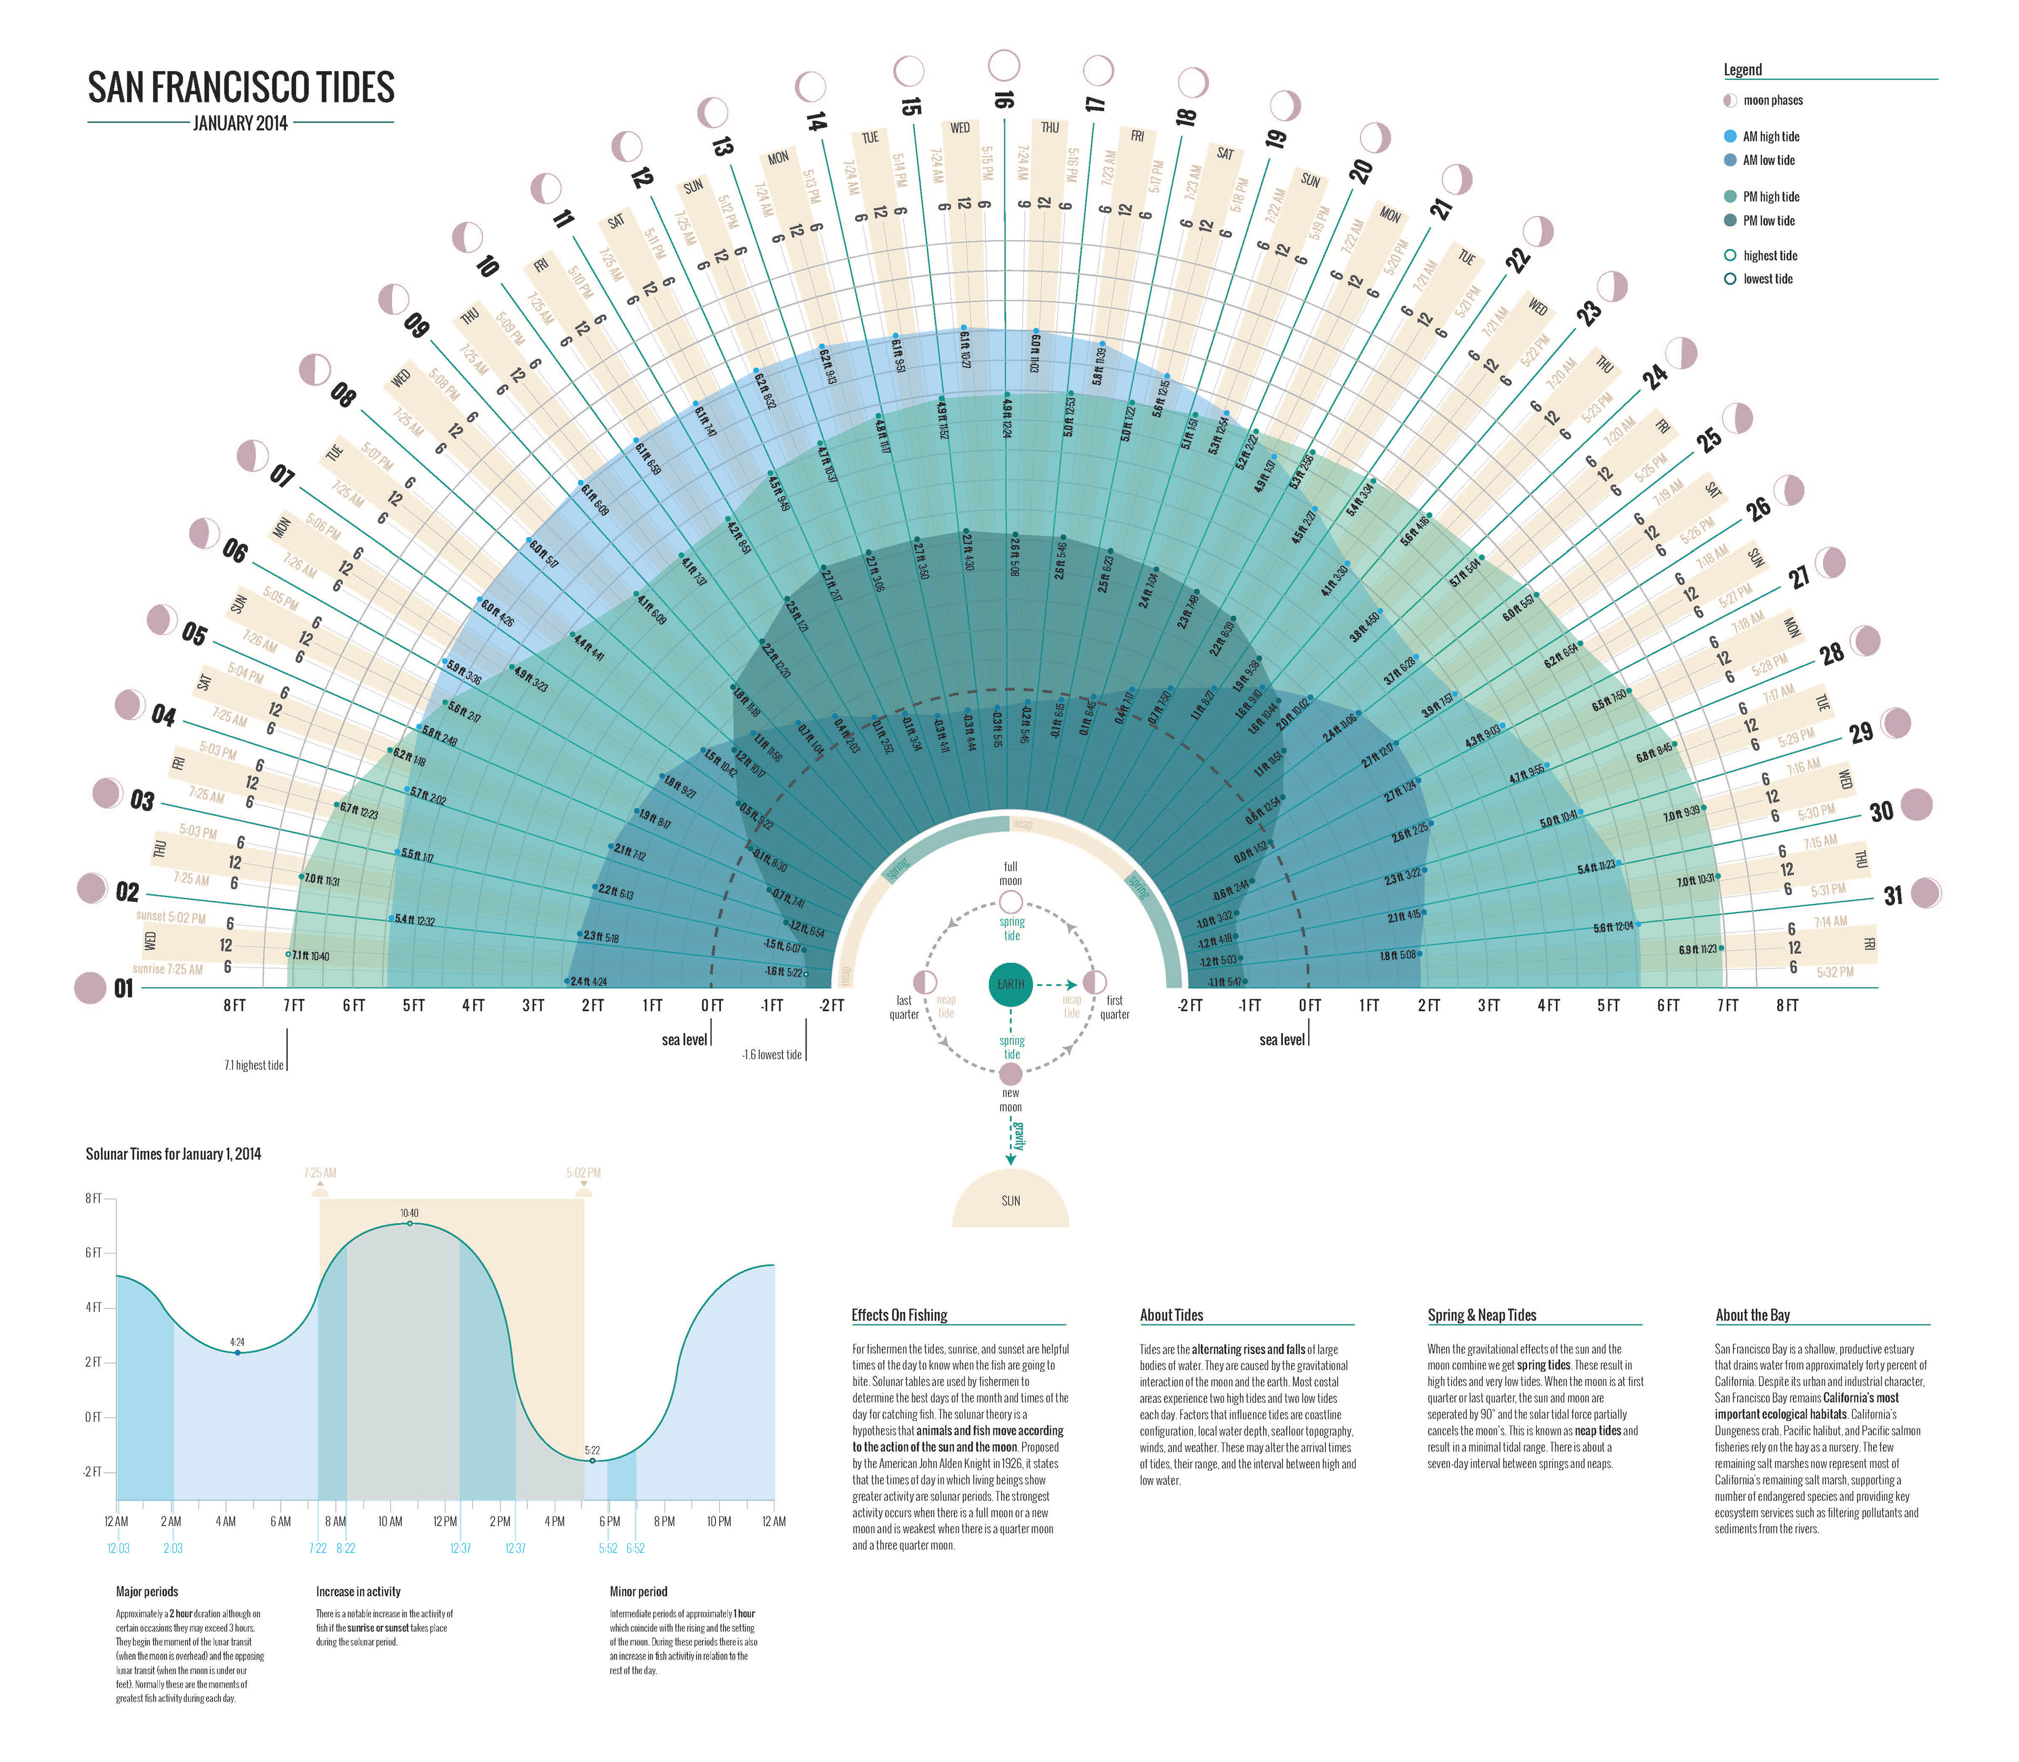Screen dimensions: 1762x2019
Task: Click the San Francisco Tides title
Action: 241,87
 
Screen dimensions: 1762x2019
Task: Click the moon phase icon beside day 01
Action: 89,987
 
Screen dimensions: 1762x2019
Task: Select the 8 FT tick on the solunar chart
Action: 94,1199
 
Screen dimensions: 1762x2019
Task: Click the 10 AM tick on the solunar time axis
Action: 390,1521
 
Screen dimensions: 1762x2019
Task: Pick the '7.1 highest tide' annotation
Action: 253,1065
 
